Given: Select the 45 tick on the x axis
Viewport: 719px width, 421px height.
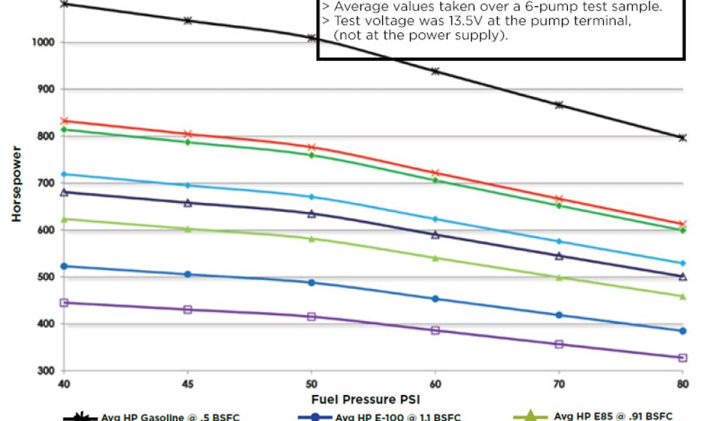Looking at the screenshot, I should (187, 385).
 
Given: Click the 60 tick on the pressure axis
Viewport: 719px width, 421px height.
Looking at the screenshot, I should (435, 385).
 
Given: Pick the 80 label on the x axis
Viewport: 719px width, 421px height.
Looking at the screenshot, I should (682, 385).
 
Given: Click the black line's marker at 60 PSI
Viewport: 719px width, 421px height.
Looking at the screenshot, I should (435, 71).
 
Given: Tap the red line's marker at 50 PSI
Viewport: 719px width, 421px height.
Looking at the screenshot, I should (312, 147).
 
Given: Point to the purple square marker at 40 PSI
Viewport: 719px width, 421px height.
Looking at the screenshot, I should (64, 302).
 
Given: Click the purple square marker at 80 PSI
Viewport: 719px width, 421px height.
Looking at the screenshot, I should (682, 358).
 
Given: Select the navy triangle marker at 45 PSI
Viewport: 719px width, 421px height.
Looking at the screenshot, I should (187, 203).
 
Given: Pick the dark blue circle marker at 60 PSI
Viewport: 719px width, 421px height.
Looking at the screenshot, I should (435, 299).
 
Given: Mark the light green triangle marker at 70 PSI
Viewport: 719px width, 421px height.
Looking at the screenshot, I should (559, 277).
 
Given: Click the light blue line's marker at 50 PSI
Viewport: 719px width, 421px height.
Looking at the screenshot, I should (312, 197).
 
